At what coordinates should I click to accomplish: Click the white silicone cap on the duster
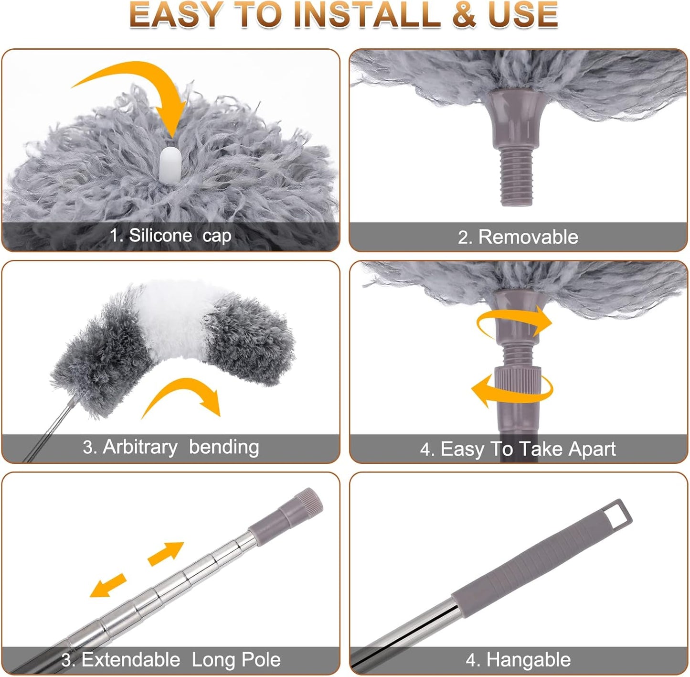tap(170, 164)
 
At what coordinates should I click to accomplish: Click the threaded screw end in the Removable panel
tap(516, 177)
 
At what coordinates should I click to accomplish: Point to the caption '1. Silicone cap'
tap(170, 236)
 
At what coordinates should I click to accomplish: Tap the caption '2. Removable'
tap(518, 237)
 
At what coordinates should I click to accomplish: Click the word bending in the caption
tap(224, 447)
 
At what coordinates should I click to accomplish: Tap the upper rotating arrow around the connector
tap(516, 322)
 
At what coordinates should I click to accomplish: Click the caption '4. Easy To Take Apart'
tap(518, 449)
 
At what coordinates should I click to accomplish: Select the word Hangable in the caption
tap(528, 660)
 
